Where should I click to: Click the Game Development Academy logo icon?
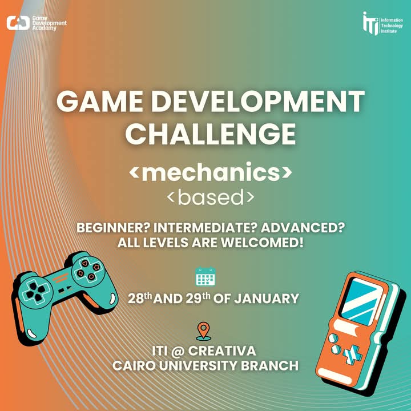click(18, 23)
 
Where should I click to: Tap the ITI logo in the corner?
click(370, 23)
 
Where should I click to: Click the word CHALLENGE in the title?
click(211, 134)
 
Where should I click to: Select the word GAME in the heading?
click(99, 101)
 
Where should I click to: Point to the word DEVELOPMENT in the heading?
click(257, 101)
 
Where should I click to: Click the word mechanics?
click(211, 172)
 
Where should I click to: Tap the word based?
click(211, 197)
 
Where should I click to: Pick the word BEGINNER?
click(113, 228)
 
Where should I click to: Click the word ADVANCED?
click(302, 228)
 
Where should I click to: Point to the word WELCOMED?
click(262, 243)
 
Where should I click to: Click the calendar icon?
click(205, 276)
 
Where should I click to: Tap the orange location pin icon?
click(203, 332)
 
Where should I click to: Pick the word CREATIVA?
click(221, 351)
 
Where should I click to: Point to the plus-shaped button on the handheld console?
click(352, 354)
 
